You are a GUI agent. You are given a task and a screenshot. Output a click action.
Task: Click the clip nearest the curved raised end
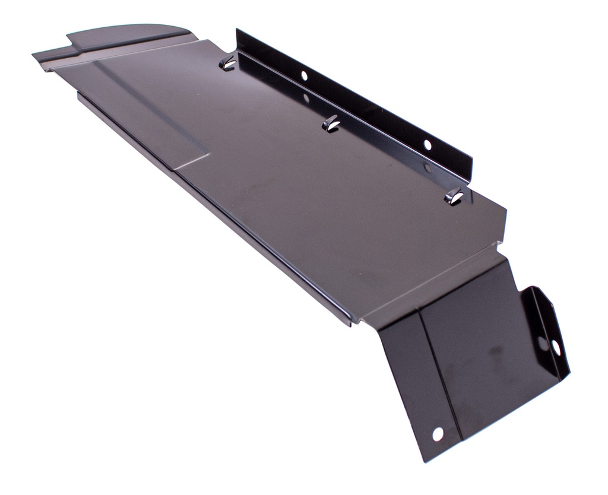227,63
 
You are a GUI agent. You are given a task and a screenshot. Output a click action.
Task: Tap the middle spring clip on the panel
330,123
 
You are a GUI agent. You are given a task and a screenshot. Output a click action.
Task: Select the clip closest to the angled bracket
454,195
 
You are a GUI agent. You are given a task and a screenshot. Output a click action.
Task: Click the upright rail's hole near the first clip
303,75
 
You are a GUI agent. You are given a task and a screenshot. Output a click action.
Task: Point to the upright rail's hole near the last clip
426,144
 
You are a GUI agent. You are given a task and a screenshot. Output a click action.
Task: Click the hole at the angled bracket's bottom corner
437,434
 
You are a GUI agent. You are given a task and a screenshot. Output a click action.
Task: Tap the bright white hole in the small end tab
556,346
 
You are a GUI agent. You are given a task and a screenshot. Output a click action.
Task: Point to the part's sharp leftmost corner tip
34,55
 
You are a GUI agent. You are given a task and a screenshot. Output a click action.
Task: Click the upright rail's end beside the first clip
238,37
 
